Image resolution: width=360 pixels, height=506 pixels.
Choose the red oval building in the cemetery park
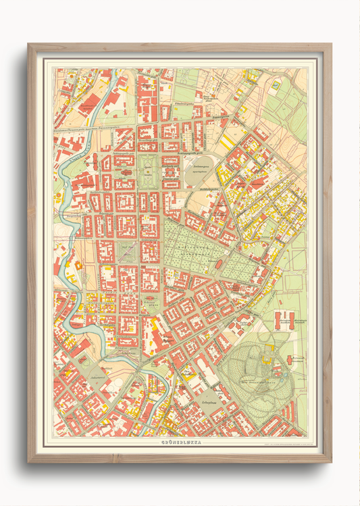pyautogui.click(x=219, y=263)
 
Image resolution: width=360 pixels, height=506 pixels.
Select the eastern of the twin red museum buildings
pyautogui.click(x=291, y=320)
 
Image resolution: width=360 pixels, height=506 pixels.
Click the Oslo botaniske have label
pyautogui.click(x=253, y=383)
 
